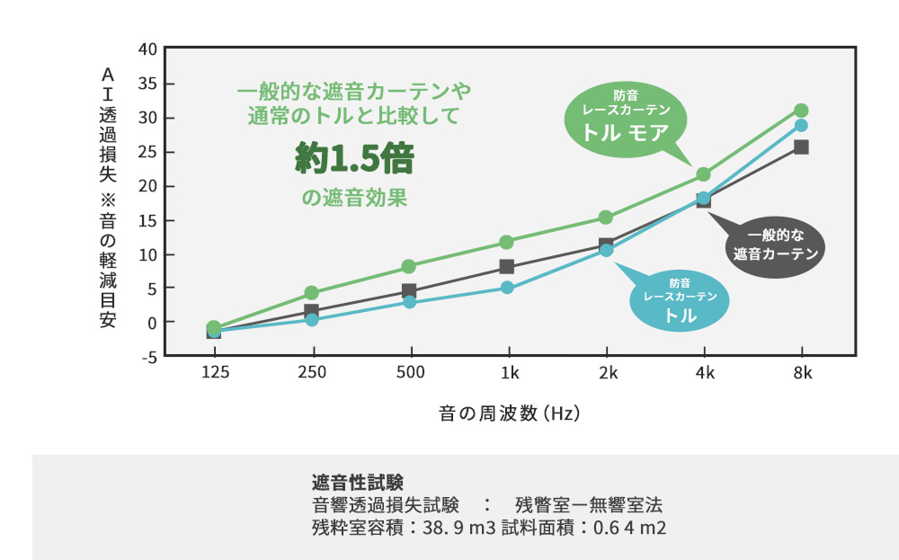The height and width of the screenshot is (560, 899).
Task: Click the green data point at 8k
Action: (x=801, y=111)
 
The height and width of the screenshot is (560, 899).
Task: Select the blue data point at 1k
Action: (x=507, y=288)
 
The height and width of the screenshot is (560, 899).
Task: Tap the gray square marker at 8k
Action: (x=801, y=147)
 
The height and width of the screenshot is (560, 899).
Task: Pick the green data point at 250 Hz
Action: (x=311, y=293)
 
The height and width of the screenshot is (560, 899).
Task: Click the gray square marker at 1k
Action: (x=507, y=266)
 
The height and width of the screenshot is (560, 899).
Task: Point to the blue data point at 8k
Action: (x=801, y=125)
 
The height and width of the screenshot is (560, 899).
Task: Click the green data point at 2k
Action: (x=605, y=218)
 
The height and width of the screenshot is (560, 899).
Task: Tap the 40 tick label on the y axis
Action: (x=147, y=49)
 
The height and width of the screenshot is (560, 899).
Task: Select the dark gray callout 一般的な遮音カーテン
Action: (x=775, y=245)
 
